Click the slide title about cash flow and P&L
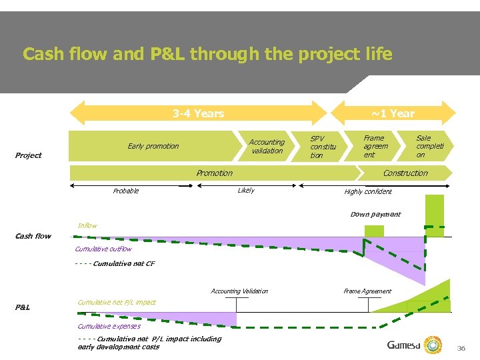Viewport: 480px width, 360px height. click(207, 54)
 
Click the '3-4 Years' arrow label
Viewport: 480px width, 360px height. click(198, 113)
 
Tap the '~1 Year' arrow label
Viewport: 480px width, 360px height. click(393, 113)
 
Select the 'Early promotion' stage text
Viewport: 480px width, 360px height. click(153, 146)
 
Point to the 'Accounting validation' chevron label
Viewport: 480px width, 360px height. click(267, 146)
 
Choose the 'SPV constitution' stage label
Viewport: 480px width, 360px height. click(323, 147)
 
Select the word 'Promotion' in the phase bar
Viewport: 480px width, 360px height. click(214, 173)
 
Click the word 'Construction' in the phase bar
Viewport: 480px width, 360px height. click(405, 173)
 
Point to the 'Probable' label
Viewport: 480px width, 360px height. click(126, 191)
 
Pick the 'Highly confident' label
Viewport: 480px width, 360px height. click(368, 192)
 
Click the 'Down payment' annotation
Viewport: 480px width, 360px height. click(375, 215)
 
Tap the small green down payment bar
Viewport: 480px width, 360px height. click(374, 231)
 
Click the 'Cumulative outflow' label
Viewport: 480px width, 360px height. click(103, 249)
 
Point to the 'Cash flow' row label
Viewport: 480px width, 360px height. click(33, 236)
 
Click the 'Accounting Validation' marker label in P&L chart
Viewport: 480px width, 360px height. click(239, 291)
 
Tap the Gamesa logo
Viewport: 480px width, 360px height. click(413, 345)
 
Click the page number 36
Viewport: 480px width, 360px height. click(461, 348)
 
